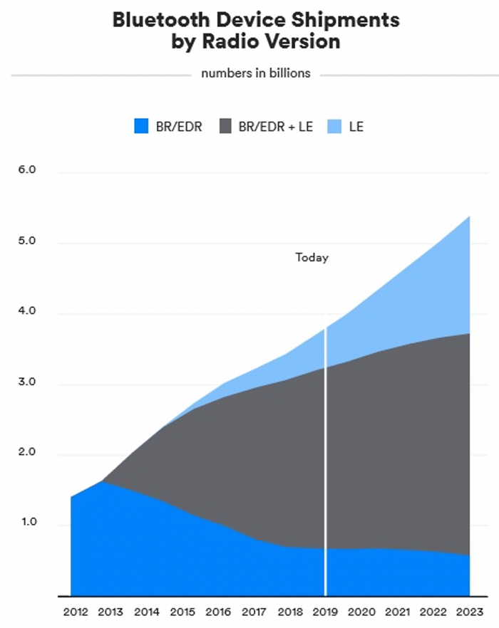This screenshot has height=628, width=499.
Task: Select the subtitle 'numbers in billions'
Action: point(255,73)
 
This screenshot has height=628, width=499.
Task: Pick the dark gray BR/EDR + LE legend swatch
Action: point(227,127)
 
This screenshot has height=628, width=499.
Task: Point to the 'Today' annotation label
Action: point(312,258)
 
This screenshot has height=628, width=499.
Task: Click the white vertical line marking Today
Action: point(326,463)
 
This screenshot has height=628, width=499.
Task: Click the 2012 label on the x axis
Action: point(75,612)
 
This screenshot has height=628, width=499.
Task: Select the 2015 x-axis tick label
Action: point(182,612)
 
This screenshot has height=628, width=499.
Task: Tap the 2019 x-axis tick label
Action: point(326,612)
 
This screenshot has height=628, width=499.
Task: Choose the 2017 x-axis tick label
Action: point(254,612)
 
